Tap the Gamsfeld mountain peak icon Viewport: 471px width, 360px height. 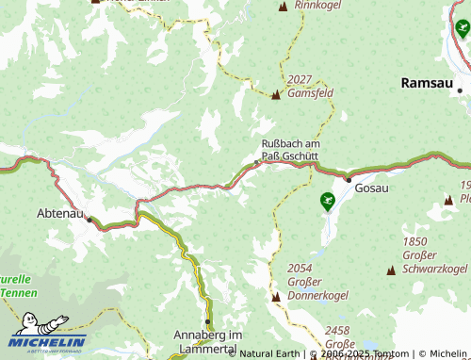[276, 95]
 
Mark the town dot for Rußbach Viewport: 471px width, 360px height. [257, 162]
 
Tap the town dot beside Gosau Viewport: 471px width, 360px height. [348, 179]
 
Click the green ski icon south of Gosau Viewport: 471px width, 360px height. [327, 200]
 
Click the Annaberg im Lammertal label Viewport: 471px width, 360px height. [209, 341]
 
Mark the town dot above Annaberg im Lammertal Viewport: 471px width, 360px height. [207, 321]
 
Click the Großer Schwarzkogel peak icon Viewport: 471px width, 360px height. [390, 270]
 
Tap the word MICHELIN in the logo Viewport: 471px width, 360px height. [49, 342]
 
